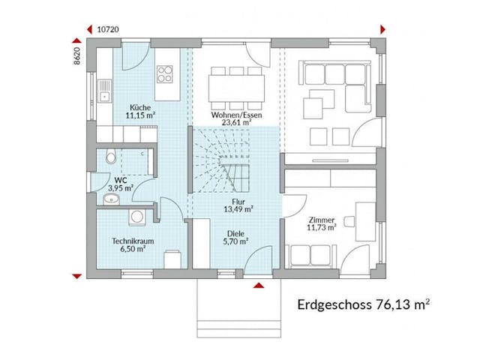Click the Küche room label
140,106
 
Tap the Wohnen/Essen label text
237,115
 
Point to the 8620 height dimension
77,58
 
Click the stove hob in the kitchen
166,74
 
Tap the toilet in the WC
110,157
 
